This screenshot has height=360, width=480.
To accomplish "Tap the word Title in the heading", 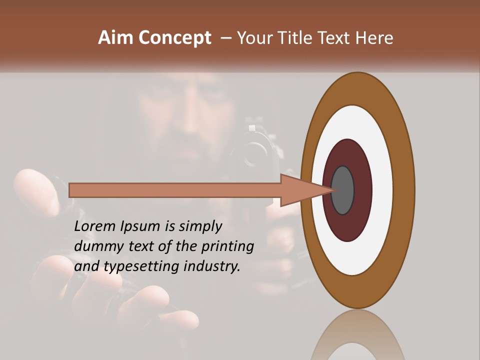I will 291,38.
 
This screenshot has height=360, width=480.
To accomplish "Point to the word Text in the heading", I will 334,38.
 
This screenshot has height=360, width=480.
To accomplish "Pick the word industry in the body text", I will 212,266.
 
